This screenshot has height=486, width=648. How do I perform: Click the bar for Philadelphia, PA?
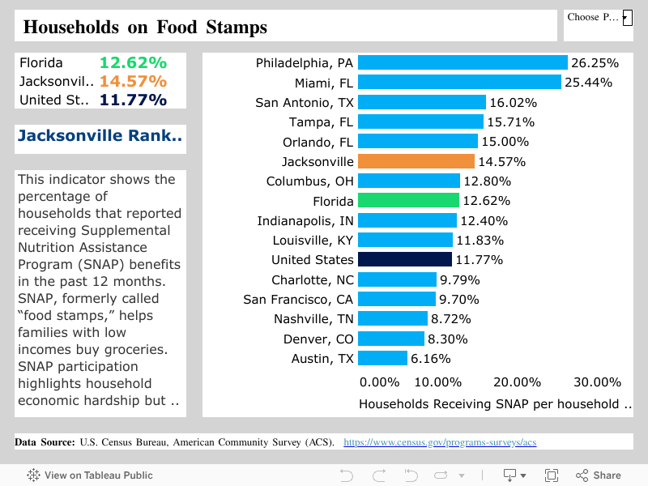pos(462,62)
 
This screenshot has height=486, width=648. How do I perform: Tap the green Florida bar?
pos(408,201)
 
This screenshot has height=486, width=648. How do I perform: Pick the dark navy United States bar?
pos(404,260)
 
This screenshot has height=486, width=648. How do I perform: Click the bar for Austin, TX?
pos(382,358)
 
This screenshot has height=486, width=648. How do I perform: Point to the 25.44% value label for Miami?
pos(588,82)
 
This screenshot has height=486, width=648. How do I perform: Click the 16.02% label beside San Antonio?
pos(513,102)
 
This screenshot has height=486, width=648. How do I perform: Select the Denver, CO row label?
pos(318,339)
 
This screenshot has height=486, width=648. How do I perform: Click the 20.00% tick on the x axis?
pos(517,382)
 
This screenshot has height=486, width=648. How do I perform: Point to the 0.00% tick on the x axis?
pos(379,382)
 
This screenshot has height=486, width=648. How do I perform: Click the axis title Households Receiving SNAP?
pos(494,403)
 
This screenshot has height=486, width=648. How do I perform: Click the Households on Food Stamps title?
pos(145,27)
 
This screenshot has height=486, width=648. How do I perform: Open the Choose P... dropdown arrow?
pos(626,17)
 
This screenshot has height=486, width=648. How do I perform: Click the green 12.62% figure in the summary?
pos(133,62)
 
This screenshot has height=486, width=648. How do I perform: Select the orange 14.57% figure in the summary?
pos(133,81)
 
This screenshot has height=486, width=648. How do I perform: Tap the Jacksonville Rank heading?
pos(100,135)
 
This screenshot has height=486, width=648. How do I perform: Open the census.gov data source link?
pos(440,442)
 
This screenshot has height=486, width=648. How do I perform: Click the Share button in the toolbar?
pos(599,475)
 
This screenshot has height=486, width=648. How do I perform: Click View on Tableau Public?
pos(90,475)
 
